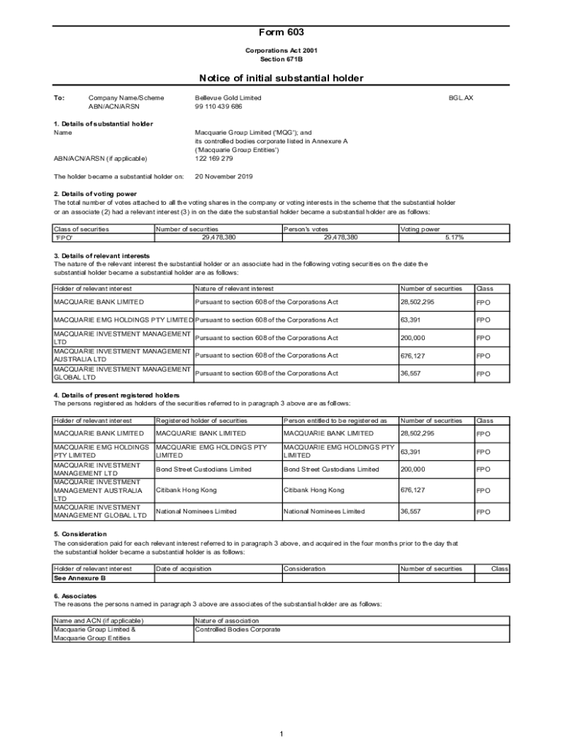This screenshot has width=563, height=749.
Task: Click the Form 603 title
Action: (281, 32)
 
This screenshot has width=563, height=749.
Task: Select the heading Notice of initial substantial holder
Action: (281, 78)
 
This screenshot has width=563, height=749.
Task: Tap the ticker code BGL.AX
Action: (461, 97)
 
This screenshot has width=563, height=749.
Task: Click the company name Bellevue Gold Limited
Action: (228, 97)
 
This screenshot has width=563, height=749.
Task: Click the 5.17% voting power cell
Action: (454, 237)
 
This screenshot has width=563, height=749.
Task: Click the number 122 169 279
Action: (214, 158)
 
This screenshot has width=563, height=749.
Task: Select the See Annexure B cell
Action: (80, 577)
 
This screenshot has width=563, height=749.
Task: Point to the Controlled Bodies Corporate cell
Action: (238, 629)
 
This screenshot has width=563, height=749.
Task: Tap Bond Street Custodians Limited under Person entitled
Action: (331, 469)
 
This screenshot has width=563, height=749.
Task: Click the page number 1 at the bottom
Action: (281, 734)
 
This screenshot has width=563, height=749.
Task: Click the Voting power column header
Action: (420, 229)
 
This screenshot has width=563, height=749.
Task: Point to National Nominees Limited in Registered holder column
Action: (196, 511)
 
